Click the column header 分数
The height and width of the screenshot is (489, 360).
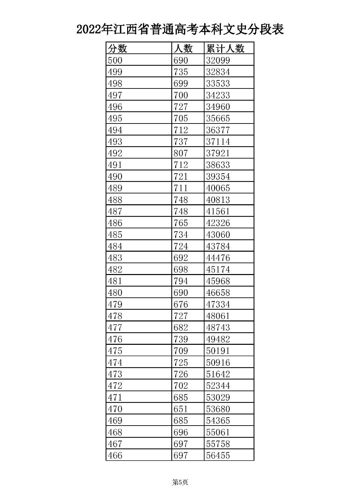pos(117,49)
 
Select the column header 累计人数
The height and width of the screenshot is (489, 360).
pos(225,49)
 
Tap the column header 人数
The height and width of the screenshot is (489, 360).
pos(183,49)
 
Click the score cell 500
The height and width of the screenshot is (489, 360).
pos(115,60)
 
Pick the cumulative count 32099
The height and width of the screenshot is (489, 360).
pos(218,60)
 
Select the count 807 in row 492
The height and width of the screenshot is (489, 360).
pos(181,153)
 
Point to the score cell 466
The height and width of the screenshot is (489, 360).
pos(115,455)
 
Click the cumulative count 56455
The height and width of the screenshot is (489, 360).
pos(218,455)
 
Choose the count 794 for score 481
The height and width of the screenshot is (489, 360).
pos(181,281)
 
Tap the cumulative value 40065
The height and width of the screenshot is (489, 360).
pos(218,188)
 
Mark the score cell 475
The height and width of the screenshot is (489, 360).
pos(115,351)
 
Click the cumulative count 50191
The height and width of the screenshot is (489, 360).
pos(218,351)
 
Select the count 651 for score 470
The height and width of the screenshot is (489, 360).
pos(181,409)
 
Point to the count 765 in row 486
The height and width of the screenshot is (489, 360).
pos(181,223)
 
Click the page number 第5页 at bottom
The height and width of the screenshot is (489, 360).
pos(180,482)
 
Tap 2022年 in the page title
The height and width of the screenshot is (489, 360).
pos(94,30)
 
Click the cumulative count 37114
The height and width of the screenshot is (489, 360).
pos(218,142)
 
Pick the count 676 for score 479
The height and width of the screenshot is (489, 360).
pos(181,304)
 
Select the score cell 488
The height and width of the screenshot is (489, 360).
pos(115,200)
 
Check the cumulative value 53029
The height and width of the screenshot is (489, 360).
pos(218,397)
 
